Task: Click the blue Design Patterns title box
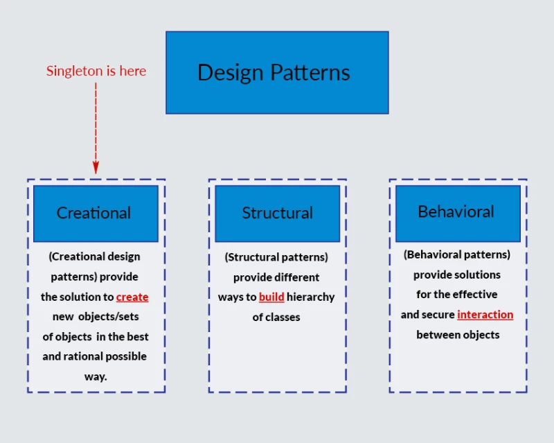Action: [x=277, y=72]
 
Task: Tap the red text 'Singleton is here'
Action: [x=96, y=71]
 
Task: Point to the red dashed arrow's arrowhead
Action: [x=96, y=167]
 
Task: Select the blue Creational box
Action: [x=96, y=213]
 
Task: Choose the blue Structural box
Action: [x=277, y=213]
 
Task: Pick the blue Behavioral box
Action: [x=457, y=212]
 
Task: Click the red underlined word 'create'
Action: [x=132, y=297]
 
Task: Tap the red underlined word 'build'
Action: [x=271, y=297]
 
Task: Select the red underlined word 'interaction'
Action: [x=485, y=314]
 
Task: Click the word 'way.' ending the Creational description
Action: [x=96, y=376]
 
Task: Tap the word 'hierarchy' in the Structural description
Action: [x=310, y=297]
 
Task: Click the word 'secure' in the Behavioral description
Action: [x=438, y=314]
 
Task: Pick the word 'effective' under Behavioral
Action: [x=475, y=294]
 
